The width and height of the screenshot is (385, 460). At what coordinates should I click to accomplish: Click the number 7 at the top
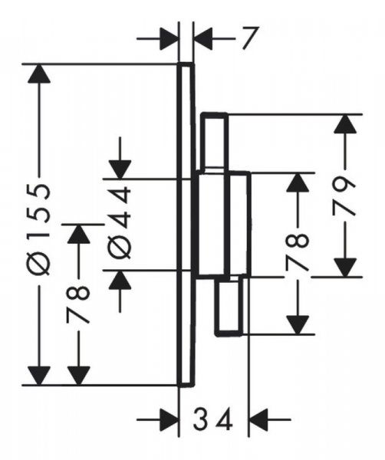pos(250,38)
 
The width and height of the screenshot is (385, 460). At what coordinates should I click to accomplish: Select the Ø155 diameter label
pos(40,229)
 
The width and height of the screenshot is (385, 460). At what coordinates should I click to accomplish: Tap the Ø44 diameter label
pos(120,222)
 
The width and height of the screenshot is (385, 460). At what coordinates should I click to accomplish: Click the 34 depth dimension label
pos(212,420)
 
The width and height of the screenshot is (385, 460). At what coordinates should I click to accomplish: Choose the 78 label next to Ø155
pos(77,305)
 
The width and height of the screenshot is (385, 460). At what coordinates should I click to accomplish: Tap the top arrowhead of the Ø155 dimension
pos(39,74)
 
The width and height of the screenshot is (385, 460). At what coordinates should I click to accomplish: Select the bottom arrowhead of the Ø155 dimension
pos(39,375)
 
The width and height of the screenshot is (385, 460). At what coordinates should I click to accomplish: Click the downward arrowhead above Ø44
pos(120,169)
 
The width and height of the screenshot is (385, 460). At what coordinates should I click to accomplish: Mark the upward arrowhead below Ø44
pos(120,280)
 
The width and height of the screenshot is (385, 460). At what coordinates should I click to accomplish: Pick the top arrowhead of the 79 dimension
pos(345,123)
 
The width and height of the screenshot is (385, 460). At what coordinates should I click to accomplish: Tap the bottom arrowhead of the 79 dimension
pos(345,268)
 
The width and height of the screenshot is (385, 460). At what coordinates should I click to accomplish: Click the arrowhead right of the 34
pos(258,419)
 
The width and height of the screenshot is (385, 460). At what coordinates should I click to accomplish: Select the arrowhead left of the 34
pos(169,419)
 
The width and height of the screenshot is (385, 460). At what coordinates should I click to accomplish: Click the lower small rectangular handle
pos(229,306)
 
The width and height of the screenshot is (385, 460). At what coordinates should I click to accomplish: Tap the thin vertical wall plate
pos(186,225)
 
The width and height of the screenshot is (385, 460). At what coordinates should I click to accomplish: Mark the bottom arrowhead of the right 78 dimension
pos(298,325)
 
